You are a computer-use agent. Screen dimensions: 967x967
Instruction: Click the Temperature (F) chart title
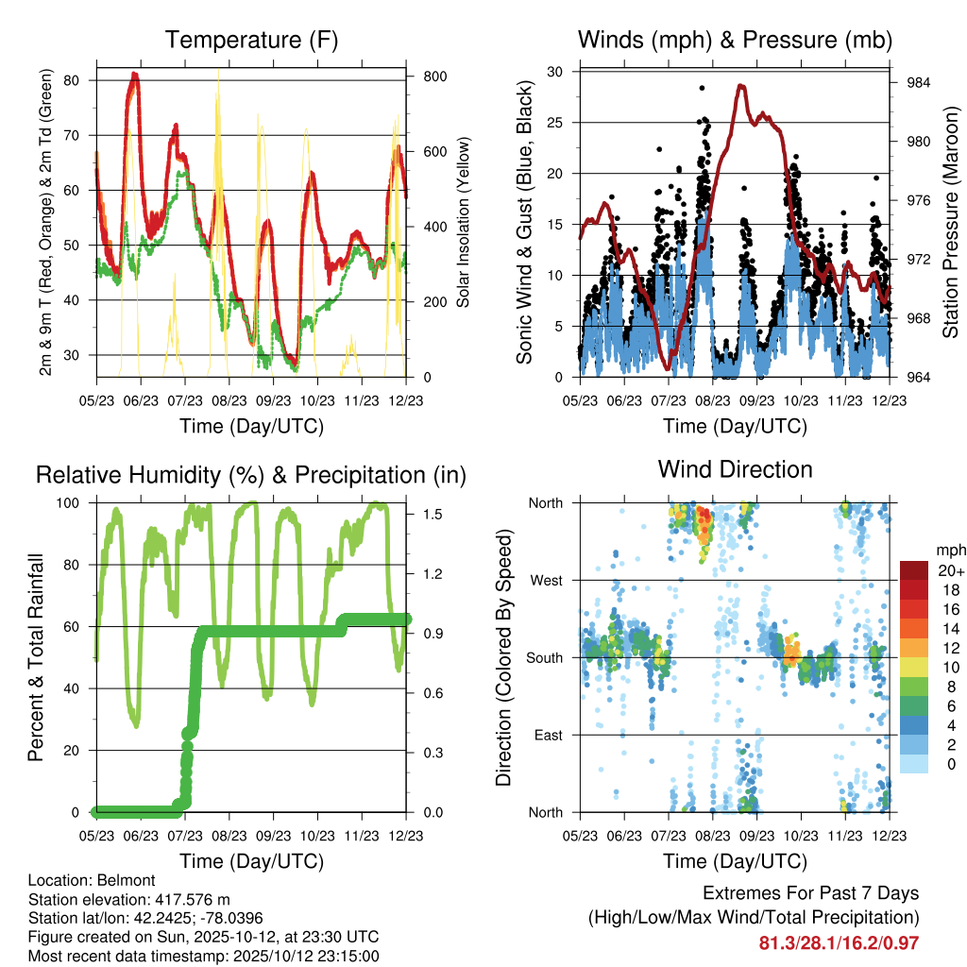click(250, 40)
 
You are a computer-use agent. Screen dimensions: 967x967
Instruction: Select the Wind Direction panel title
click(735, 469)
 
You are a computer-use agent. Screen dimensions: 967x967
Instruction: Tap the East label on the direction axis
click(547, 735)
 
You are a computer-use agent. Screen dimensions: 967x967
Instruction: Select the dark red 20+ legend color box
click(914, 570)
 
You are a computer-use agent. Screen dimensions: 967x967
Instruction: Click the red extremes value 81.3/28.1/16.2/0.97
click(839, 942)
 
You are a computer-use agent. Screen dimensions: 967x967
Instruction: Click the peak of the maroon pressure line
click(741, 86)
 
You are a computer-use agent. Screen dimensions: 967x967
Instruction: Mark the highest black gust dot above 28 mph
click(702, 88)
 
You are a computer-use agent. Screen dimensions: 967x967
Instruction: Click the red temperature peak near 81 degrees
click(134, 74)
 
